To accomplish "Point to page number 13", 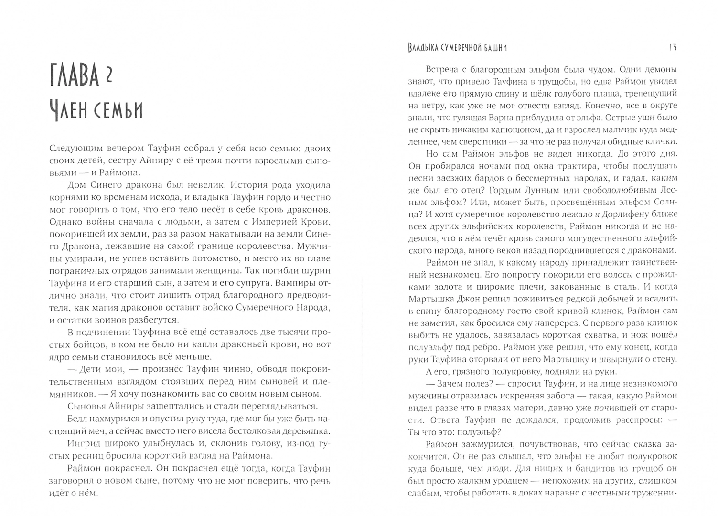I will (x=673, y=47).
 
